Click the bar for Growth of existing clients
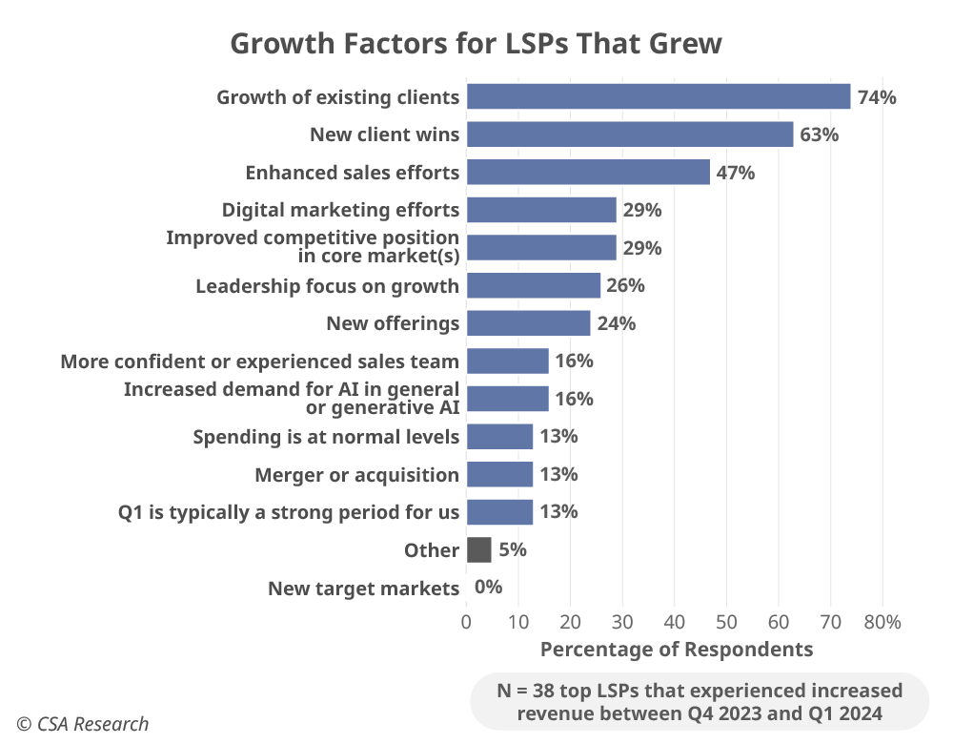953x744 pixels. pos(658,96)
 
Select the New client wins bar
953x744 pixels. pos(629,134)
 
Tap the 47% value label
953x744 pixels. pos(736,173)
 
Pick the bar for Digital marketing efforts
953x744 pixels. pos(541,210)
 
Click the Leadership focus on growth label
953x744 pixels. pos(327,286)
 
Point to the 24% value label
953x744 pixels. pos(617,323)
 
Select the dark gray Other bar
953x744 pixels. pos(478,550)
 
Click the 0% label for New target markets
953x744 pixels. pos(488,588)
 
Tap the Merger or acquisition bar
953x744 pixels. pos(499,474)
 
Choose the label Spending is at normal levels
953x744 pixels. pos(326,437)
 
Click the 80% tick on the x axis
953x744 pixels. pos(882,622)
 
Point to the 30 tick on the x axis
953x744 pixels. pos(622,622)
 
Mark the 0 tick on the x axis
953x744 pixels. pos(466,622)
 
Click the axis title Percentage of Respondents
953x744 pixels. pos(676,650)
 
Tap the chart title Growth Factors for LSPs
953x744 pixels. pos(476,44)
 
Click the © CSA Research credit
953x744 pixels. pos(82,724)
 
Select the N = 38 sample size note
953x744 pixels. pos(700,701)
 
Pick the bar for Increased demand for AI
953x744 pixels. pos(507,399)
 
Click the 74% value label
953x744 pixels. pos(877,96)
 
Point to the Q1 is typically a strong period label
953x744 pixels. pos(289,512)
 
